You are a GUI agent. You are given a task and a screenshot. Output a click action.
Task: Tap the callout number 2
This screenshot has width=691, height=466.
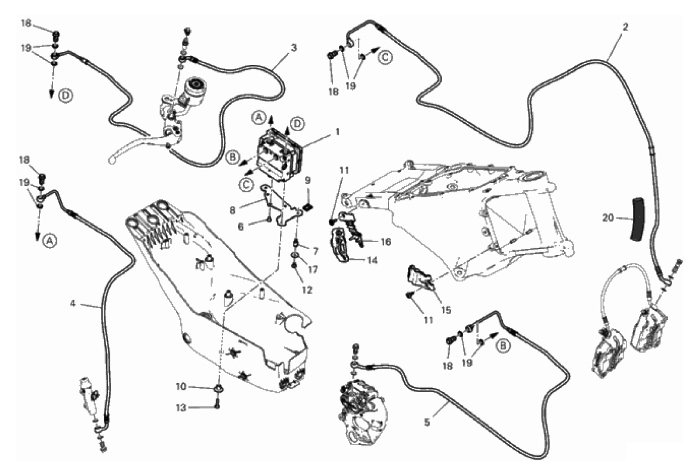pos(625,26)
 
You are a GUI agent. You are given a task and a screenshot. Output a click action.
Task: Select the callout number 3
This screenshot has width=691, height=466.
pos(294,48)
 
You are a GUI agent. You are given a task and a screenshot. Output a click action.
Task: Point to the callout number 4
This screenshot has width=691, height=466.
pos(73,303)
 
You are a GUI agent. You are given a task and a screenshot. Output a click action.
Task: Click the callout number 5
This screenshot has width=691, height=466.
pos(427,422)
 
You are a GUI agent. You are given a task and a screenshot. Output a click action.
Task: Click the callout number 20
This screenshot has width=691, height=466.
pos(607,218)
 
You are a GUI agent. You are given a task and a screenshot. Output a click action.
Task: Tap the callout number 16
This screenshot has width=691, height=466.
pos(385,241)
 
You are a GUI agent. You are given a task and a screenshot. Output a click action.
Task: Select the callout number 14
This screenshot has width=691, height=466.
pos(372,260)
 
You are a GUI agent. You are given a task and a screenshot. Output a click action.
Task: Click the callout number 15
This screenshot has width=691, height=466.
pos(446,310)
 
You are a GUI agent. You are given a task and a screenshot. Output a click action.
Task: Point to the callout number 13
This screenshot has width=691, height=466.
pos(181,408)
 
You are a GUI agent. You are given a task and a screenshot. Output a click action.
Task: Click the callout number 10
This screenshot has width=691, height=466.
pos(181,387)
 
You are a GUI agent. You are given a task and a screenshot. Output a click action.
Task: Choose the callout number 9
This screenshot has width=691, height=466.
pos(307,180)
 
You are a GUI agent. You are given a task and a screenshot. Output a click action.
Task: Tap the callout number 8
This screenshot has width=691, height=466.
pos(233,210)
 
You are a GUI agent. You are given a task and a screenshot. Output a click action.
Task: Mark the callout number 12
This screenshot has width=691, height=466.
pos(307,290)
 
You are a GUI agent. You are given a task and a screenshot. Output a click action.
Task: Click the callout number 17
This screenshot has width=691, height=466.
pos(313,269)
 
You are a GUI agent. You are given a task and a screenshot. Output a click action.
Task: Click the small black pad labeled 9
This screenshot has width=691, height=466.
pos(309,206)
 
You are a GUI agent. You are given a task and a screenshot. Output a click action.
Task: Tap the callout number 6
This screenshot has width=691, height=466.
pos(240,226)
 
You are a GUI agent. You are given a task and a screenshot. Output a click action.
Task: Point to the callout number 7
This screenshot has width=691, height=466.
pos(316,251)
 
